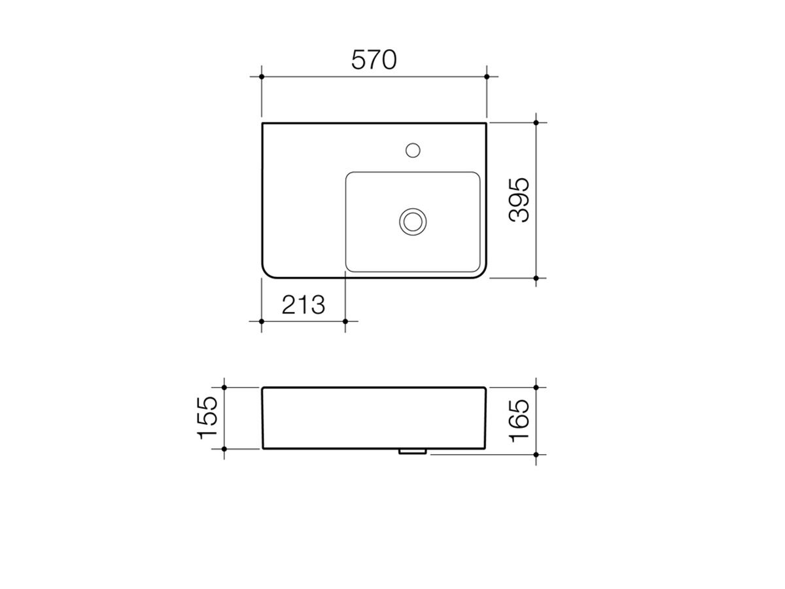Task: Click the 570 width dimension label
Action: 374,60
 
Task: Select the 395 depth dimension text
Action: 521,200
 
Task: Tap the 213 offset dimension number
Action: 303,304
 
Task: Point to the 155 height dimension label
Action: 209,418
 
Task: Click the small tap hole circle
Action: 412,150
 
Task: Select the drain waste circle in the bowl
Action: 413,221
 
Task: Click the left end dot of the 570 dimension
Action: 262,77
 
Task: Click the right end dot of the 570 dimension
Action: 487,77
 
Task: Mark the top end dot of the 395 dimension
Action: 536,122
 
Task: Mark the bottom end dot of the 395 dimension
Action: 536,278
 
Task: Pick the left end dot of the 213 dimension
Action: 262,321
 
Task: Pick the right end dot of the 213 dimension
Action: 345,321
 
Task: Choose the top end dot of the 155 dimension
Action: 224,387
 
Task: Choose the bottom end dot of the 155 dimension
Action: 224,449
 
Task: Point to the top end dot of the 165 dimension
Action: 536,387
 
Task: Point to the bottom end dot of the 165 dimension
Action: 536,454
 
